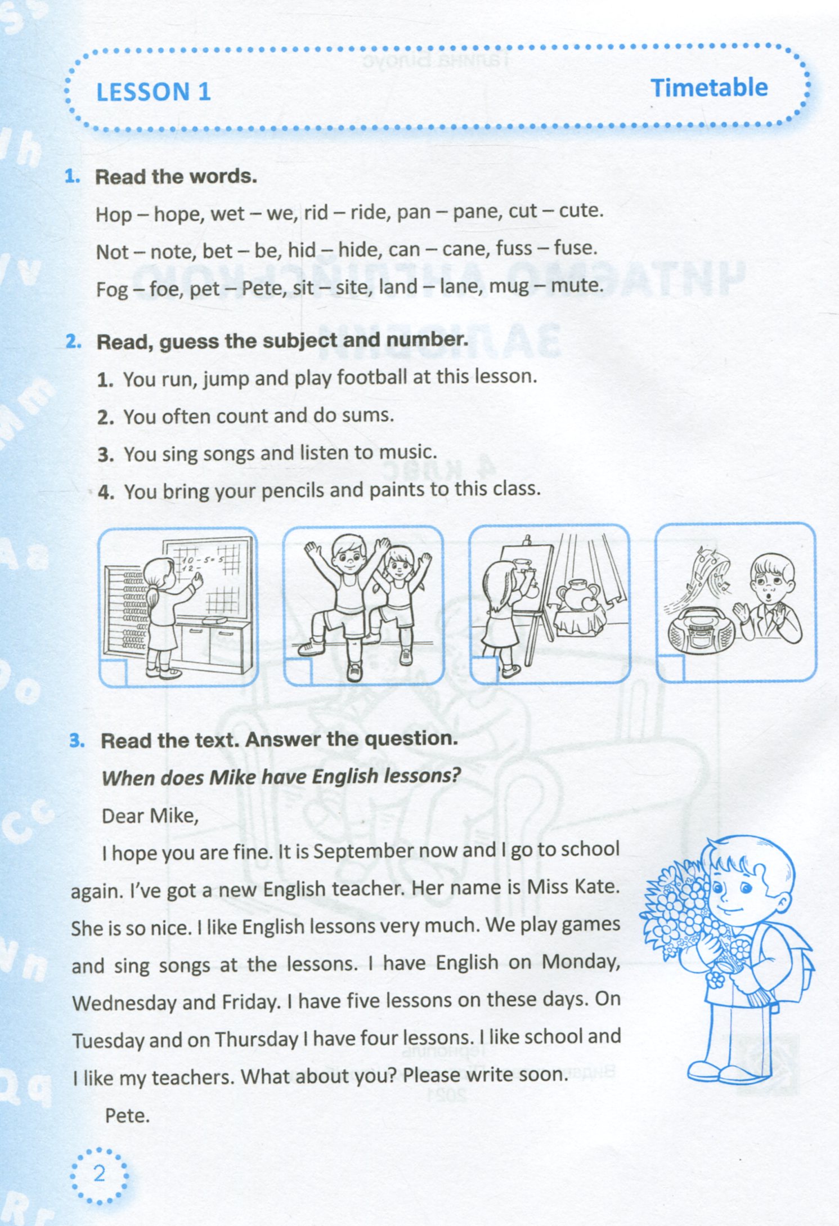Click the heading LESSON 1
point(154,92)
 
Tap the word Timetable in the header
point(709,88)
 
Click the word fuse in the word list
point(575,248)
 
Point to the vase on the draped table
point(578,594)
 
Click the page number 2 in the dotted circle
point(100,1173)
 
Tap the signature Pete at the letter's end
point(127,1115)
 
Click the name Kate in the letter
point(596,887)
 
